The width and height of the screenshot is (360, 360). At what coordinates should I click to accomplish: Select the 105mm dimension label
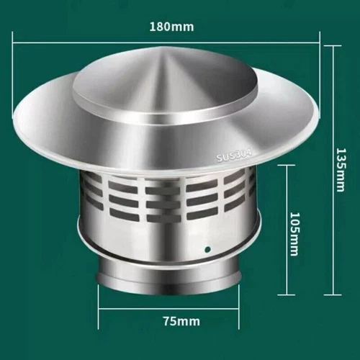(294, 229)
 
